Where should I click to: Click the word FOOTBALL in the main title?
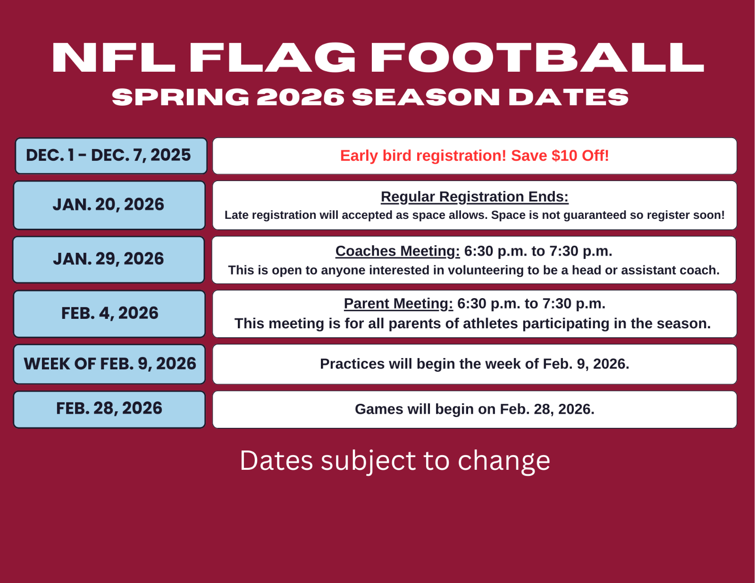pyautogui.click(x=537, y=58)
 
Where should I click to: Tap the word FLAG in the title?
pyautogui.click(x=272, y=58)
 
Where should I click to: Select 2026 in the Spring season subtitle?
pyautogui.click(x=301, y=97)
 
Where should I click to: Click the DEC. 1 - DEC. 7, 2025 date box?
pyautogui.click(x=111, y=156)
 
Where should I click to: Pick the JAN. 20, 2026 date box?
pyautogui.click(x=109, y=205)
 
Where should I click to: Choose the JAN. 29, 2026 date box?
pyautogui.click(x=109, y=259)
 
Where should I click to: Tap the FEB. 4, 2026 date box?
pyautogui.click(x=109, y=314)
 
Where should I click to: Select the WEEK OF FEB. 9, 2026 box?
pyautogui.click(x=109, y=364)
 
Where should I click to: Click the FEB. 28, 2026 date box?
pyautogui.click(x=109, y=409)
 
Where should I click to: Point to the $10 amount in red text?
pyautogui.click(x=565, y=156)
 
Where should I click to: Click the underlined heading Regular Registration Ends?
pyautogui.click(x=475, y=197)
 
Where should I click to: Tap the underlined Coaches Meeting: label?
pyautogui.click(x=397, y=251)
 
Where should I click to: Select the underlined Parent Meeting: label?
pyautogui.click(x=399, y=303)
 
